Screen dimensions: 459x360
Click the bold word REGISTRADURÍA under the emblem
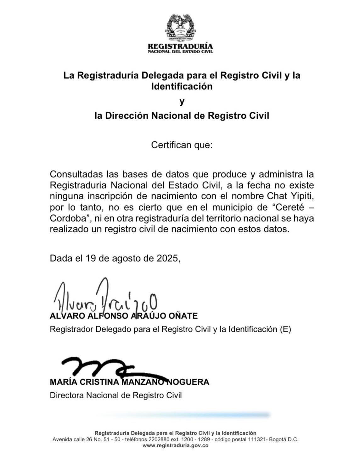[180, 46]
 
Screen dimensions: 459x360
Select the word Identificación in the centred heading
[182, 86]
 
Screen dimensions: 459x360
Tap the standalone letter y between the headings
[182, 102]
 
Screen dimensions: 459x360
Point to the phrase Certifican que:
[182, 145]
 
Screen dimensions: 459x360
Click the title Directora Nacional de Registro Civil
[116, 395]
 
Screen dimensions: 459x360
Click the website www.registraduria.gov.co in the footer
[176, 445]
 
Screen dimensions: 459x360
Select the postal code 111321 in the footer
[257, 439]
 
